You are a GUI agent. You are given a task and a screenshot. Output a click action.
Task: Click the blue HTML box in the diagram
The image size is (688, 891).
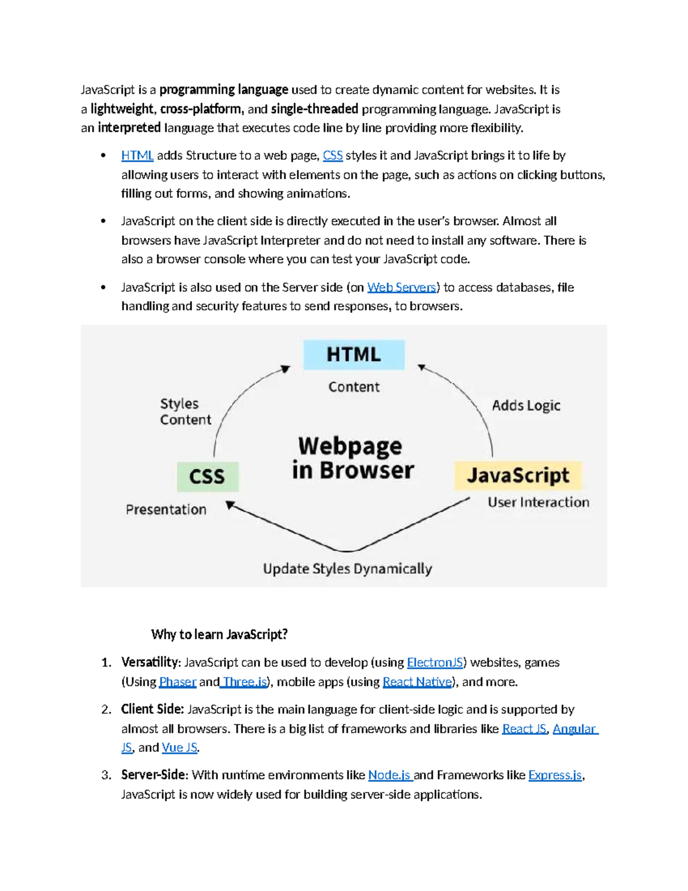[x=354, y=355]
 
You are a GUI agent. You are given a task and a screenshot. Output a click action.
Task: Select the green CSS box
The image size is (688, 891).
[x=208, y=476]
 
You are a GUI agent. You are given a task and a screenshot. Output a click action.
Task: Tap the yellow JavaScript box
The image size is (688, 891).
[x=518, y=475]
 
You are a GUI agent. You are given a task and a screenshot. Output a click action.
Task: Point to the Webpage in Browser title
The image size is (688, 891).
[x=353, y=458]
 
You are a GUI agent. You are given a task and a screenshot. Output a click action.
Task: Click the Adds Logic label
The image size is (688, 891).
[x=526, y=406]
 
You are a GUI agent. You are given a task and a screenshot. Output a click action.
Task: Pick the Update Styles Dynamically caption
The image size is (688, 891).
[x=347, y=569]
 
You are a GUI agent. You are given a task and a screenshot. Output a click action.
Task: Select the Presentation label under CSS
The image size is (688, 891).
[x=166, y=509]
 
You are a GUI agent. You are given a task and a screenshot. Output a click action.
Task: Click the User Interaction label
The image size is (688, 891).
[x=538, y=502]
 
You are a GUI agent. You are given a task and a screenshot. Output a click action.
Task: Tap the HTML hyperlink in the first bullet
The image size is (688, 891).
[x=137, y=155]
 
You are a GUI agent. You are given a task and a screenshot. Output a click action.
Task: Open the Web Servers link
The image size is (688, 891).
[x=401, y=287]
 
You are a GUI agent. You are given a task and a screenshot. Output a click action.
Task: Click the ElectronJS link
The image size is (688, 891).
[x=435, y=663]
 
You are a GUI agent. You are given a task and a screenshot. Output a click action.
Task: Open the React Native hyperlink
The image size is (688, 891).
[x=417, y=682]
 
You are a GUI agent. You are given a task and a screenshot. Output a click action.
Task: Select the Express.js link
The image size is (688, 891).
[x=555, y=775]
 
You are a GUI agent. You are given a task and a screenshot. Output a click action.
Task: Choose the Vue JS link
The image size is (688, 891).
[x=179, y=748]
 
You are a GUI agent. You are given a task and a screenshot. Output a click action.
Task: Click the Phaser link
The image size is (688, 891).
[x=178, y=682]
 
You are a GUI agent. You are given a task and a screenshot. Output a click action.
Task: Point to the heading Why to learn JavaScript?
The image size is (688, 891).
[x=219, y=635]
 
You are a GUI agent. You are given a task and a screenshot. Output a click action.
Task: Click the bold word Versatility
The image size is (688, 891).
[x=150, y=663]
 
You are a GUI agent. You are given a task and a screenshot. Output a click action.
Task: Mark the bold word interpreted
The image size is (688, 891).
[x=129, y=128]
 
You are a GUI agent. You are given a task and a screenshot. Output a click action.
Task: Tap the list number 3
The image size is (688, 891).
[x=106, y=775]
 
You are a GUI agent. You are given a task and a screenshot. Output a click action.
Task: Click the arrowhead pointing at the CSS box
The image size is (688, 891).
[x=230, y=504]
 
